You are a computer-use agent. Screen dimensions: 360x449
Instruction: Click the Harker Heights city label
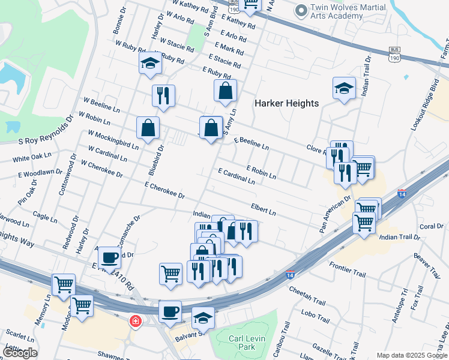pyautogui.click(x=286, y=103)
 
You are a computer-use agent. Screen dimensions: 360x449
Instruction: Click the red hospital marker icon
pyautogui.click(x=136, y=321)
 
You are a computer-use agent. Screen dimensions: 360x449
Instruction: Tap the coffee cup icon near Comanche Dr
pyautogui.click(x=109, y=257)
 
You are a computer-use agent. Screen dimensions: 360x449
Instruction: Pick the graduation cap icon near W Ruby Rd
pyautogui.click(x=150, y=63)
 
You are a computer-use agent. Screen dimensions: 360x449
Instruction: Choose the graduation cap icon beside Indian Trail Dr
pyautogui.click(x=344, y=88)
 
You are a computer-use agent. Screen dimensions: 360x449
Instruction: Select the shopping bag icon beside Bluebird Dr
pyautogui.click(x=148, y=127)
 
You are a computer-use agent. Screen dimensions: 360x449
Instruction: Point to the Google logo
pyautogui.click(x=20, y=353)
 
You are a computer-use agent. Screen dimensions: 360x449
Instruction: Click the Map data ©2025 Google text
pyautogui.click(x=412, y=355)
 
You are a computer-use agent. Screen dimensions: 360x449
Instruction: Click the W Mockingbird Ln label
pyautogui.click(x=113, y=139)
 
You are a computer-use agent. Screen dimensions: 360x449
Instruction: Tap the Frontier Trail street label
pyautogui.click(x=347, y=269)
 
